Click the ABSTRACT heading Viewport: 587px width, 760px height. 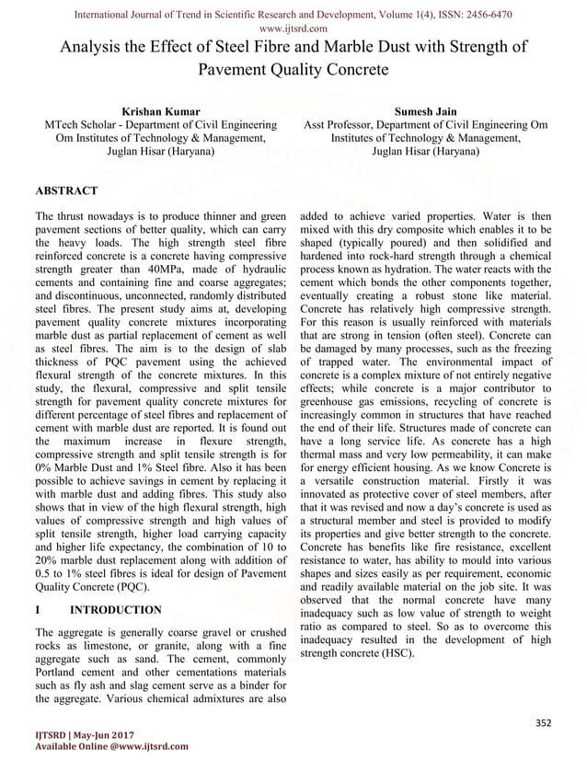pyautogui.click(x=65, y=190)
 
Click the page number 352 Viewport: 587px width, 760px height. pyautogui.click(x=544, y=723)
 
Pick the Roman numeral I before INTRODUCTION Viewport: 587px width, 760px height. pyautogui.click(x=36, y=609)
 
